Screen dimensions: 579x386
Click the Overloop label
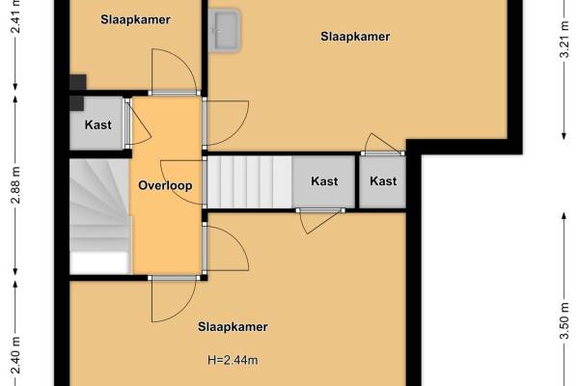tap(165, 185)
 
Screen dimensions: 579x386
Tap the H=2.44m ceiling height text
tap(233, 359)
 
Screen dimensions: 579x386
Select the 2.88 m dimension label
tap(15, 185)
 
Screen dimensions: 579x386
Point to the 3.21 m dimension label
tap(564, 40)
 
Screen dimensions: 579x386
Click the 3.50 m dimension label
tap(564, 320)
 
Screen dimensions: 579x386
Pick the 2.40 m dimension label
tap(15, 356)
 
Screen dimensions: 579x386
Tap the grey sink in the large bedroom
tap(224, 30)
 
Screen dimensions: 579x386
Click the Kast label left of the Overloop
tap(97, 124)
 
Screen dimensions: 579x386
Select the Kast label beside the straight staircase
tap(324, 181)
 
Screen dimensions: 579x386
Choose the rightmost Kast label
tap(383, 181)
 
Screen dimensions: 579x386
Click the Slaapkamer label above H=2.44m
tap(233, 327)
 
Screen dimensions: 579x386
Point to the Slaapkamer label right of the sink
tap(355, 37)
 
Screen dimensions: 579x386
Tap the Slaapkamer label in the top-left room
tap(135, 19)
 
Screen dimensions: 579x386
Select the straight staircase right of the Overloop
tap(250, 181)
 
